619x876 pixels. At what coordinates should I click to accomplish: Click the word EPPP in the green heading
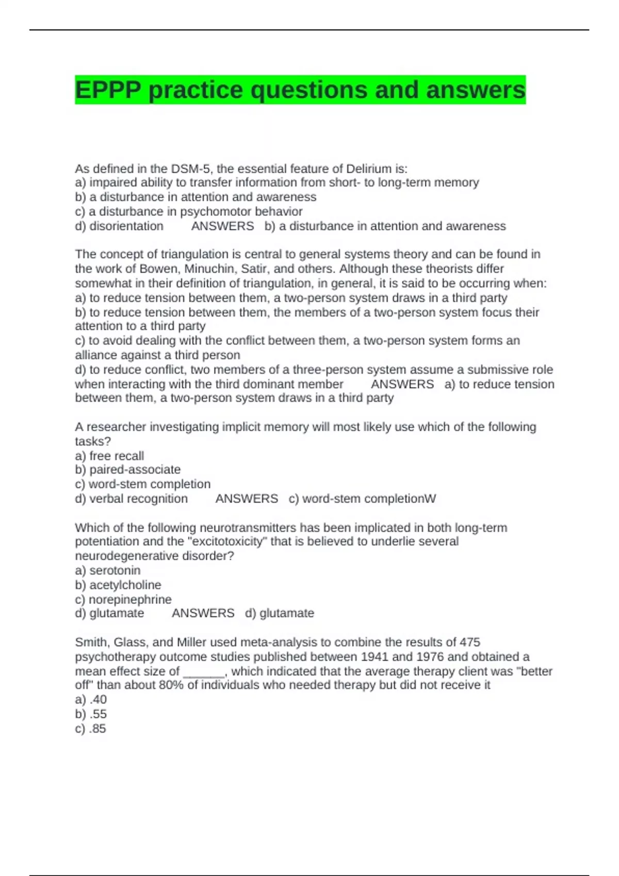point(108,90)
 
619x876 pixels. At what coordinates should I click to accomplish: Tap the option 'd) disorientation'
point(119,226)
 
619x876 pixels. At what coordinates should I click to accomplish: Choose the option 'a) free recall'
point(109,456)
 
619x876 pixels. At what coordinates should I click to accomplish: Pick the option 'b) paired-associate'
point(128,469)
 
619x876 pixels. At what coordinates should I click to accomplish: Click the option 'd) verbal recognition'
point(132,499)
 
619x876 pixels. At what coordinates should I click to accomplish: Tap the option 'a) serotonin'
point(108,570)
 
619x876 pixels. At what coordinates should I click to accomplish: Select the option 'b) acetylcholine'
point(118,585)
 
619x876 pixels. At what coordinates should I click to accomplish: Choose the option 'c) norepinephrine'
point(123,599)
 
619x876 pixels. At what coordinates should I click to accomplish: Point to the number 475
point(469,642)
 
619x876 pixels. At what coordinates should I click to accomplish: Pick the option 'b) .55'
point(91,714)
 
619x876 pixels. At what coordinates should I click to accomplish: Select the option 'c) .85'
point(91,729)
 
